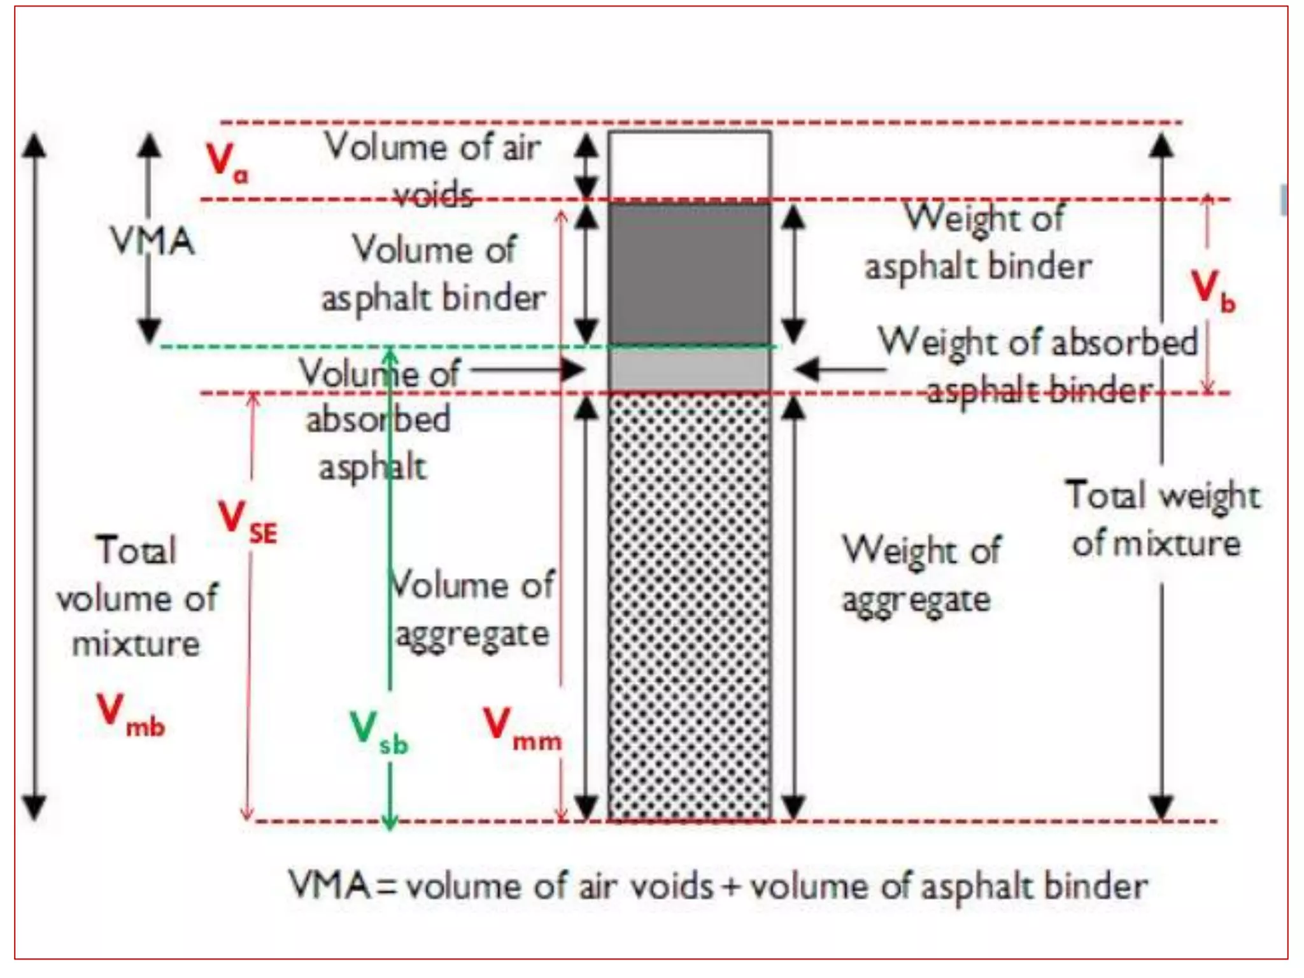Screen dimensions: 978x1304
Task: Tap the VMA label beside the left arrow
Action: pos(153,242)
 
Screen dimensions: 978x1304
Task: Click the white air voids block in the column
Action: pos(689,166)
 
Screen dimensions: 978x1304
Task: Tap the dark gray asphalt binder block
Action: pos(689,274)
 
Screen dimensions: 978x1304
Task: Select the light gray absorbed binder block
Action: pos(689,369)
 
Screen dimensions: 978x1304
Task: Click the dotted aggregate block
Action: pos(689,605)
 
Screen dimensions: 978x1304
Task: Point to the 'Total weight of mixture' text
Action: pos(1161,520)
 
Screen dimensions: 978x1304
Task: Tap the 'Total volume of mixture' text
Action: pos(136,597)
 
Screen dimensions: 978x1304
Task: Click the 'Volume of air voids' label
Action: pos(433,169)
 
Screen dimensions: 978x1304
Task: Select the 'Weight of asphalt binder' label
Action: pos(979,242)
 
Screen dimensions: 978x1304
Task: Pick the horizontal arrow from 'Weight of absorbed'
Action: pos(840,369)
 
